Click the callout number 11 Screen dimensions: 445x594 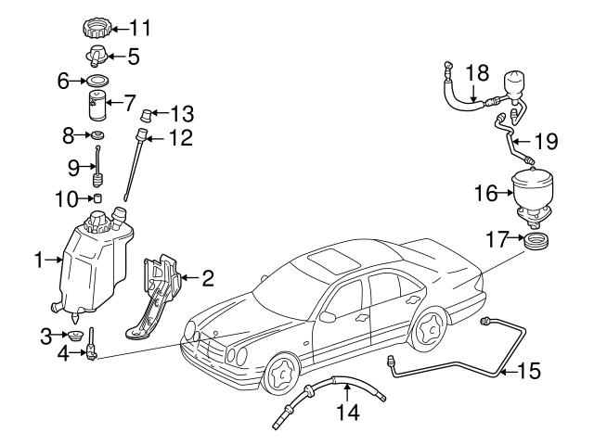(140, 25)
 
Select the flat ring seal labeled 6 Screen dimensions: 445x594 (97, 82)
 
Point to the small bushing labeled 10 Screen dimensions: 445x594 (97, 198)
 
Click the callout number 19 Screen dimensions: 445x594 (548, 142)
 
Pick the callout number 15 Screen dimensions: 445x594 (527, 374)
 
